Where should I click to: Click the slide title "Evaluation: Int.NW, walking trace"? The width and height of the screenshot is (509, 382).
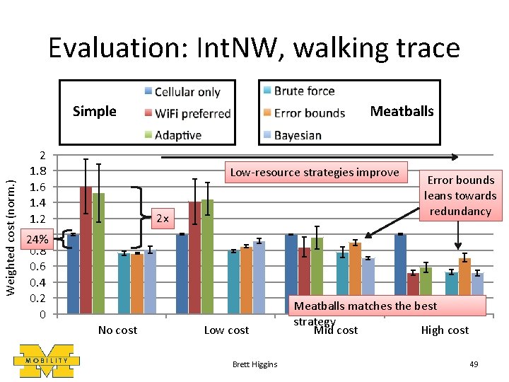(254, 48)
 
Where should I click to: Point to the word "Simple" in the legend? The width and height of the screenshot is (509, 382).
(95, 111)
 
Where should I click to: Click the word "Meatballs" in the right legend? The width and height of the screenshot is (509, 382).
(402, 111)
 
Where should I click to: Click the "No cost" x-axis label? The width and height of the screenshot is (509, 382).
(117, 330)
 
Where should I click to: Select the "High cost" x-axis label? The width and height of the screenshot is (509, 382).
(445, 330)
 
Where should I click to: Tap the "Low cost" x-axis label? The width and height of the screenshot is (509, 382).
(226, 330)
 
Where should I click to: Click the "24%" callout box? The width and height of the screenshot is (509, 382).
(37, 239)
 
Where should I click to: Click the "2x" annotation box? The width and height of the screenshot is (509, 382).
(163, 219)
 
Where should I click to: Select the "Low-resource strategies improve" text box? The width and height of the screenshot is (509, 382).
(315, 173)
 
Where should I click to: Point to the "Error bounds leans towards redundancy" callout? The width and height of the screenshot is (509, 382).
(460, 195)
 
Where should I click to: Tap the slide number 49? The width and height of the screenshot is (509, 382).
(474, 364)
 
